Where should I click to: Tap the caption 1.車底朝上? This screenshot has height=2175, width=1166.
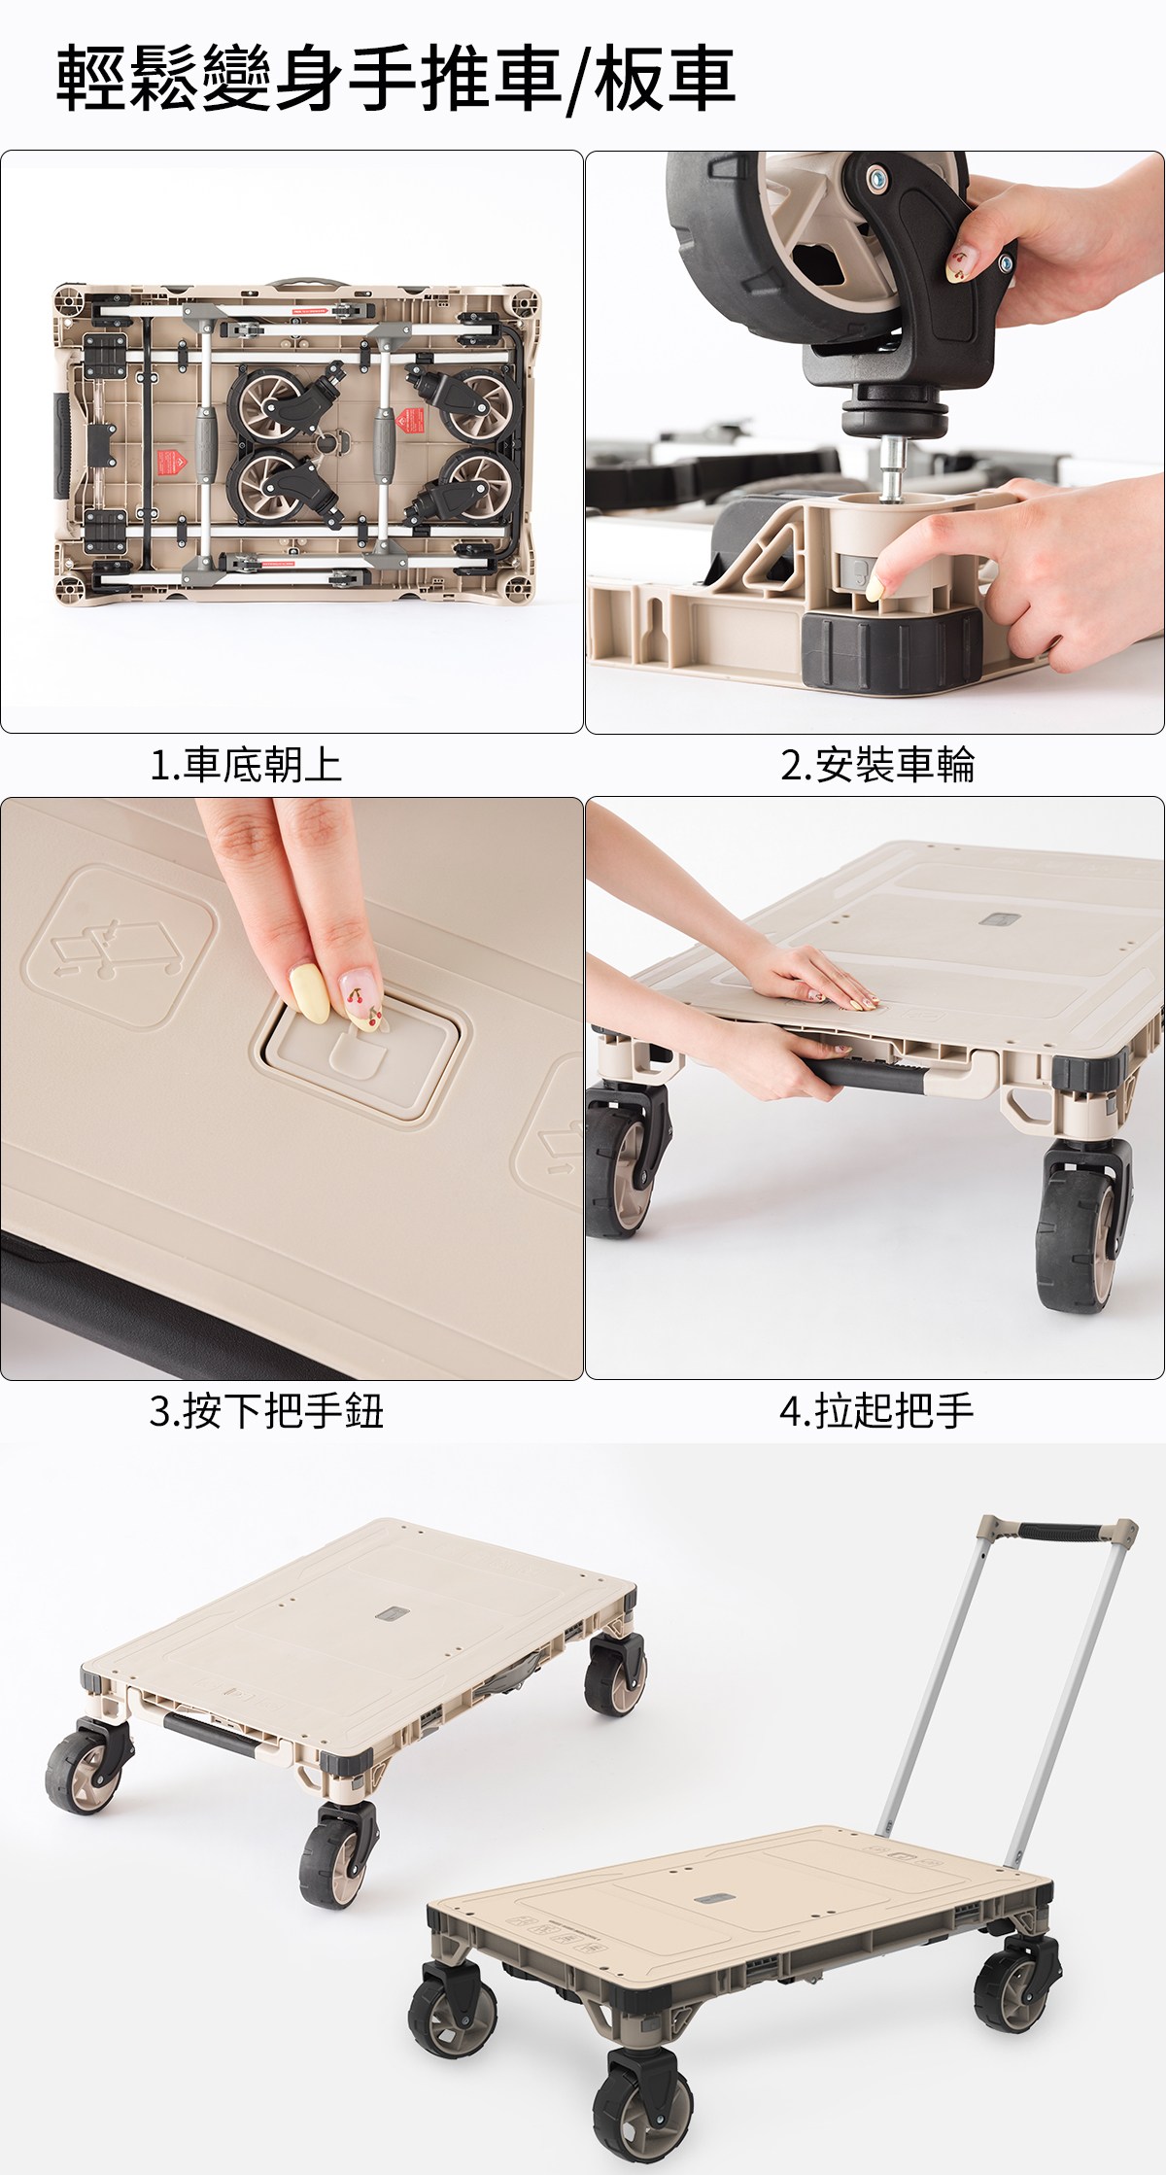[246, 765]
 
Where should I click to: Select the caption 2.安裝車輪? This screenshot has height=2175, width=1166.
[877, 765]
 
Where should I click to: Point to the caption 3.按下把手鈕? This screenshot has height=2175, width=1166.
[266, 1411]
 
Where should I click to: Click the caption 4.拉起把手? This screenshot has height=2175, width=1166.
[876, 1411]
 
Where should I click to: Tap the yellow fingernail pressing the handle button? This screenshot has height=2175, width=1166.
[310, 992]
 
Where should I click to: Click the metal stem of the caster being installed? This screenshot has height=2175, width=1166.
[891, 465]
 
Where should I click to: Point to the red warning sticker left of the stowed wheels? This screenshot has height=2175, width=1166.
[171, 462]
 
